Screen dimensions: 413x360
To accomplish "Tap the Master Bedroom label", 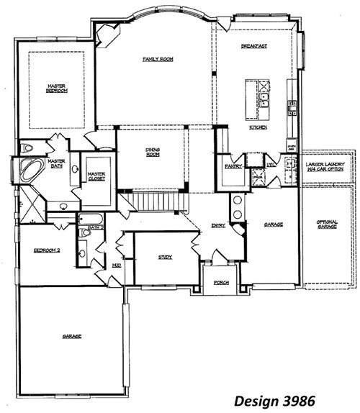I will (x=57, y=88).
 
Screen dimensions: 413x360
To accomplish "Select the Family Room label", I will (x=155, y=58).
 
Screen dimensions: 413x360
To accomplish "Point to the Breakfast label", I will (x=254, y=46).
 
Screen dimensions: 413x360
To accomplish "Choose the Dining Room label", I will (x=152, y=153).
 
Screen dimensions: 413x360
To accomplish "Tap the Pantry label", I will (x=232, y=165).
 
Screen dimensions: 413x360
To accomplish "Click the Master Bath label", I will (x=56, y=164).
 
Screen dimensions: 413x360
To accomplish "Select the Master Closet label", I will (x=96, y=176).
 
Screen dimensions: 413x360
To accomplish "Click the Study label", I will (x=165, y=256).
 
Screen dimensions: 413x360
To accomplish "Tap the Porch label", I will (x=222, y=283).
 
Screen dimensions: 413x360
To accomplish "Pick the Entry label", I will (x=217, y=225).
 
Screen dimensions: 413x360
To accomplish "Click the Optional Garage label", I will (x=327, y=224).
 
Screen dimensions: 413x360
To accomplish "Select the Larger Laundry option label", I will (x=327, y=168).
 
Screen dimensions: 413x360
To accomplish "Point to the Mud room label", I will (x=116, y=265).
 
